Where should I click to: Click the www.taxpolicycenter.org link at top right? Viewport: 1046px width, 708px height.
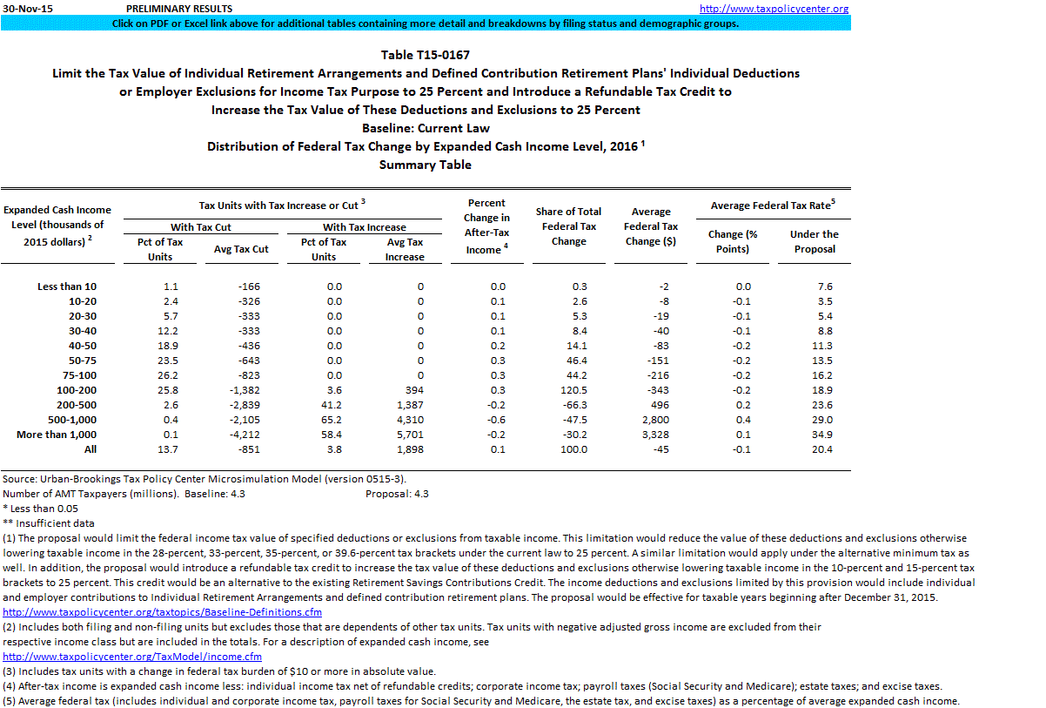pyautogui.click(x=774, y=9)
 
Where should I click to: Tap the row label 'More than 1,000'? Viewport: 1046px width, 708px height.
pyautogui.click(x=57, y=435)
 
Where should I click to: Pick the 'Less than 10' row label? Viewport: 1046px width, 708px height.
pyautogui.click(x=67, y=287)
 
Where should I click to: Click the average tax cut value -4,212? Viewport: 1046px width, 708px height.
pyautogui.click(x=241, y=435)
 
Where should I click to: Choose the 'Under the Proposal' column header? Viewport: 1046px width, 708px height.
pyautogui.click(x=814, y=241)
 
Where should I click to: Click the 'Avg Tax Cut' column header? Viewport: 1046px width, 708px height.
pyautogui.click(x=241, y=249)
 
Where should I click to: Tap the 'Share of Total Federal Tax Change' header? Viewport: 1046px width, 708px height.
pyautogui.click(x=568, y=226)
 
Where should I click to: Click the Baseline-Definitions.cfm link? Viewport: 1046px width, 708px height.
pyautogui.click(x=163, y=612)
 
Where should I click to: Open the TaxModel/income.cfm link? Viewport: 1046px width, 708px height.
pyautogui.click(x=132, y=657)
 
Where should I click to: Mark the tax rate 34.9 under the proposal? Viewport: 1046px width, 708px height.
pyautogui.click(x=822, y=435)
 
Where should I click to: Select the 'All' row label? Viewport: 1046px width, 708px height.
pyautogui.click(x=91, y=449)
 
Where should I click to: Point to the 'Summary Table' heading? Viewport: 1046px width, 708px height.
pyautogui.click(x=425, y=165)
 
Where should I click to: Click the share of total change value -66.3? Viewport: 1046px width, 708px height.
pyautogui.click(x=574, y=405)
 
